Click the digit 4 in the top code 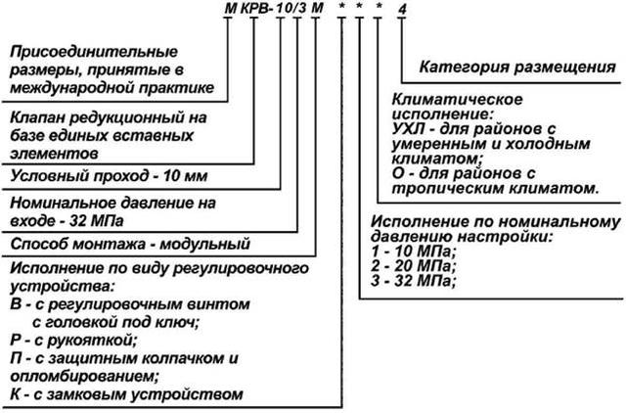402,10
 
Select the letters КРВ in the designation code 253,9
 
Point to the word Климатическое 457,99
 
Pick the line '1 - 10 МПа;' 413,252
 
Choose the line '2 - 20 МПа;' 413,266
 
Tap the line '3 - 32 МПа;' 413,281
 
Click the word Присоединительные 94,52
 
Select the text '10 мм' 185,176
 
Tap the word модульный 204,244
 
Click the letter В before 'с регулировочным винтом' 16,304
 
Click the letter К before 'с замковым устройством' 16,395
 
